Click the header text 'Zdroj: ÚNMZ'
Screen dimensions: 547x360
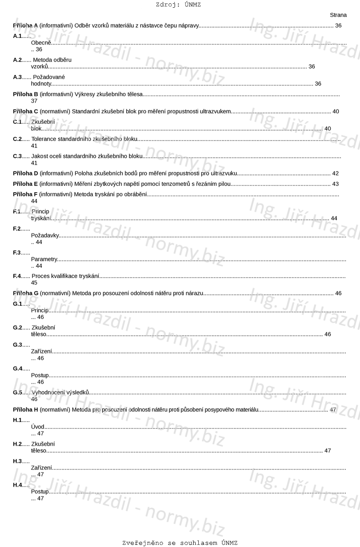pyautogui.click(x=178, y=5)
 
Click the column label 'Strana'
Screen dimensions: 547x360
pyautogui.click(x=338, y=15)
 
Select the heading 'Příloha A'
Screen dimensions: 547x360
pyautogui.click(x=25, y=26)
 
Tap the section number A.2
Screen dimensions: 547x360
pyautogui.click(x=17, y=60)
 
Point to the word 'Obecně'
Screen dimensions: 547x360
pyautogui.click(x=41, y=43)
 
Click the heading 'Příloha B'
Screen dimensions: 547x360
pyautogui.click(x=25, y=94)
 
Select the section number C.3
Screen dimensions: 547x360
pyautogui.click(x=17, y=156)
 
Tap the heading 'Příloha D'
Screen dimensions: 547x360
pyautogui.click(x=25, y=173)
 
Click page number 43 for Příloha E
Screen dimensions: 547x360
pyautogui.click(x=335, y=184)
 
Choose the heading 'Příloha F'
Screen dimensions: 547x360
pyautogui.click(x=25, y=194)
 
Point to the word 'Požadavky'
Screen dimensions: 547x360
pyautogui.click(x=45, y=235)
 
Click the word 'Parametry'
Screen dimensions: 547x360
pyautogui.click(x=44, y=259)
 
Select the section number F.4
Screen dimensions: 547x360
pyautogui.click(x=17, y=276)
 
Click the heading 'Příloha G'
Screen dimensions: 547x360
pyautogui.click(x=25, y=293)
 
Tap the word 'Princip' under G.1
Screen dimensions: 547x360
pyautogui.click(x=40, y=310)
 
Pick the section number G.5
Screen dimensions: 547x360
pyautogui.click(x=18, y=392)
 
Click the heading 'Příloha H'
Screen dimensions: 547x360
pyautogui.click(x=25, y=409)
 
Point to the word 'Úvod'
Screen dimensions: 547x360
pyautogui.click(x=38, y=427)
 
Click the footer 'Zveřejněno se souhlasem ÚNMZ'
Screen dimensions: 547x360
pyautogui.click(x=180, y=543)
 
